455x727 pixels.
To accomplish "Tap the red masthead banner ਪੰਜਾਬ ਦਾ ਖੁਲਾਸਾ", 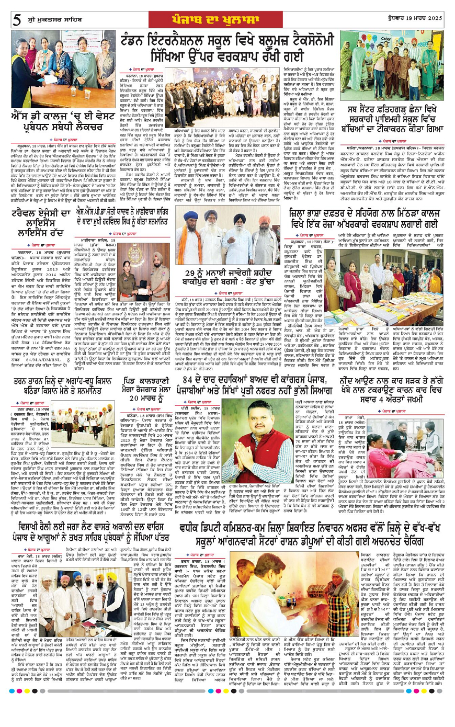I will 227,20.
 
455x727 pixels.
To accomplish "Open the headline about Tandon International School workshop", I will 227,51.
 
